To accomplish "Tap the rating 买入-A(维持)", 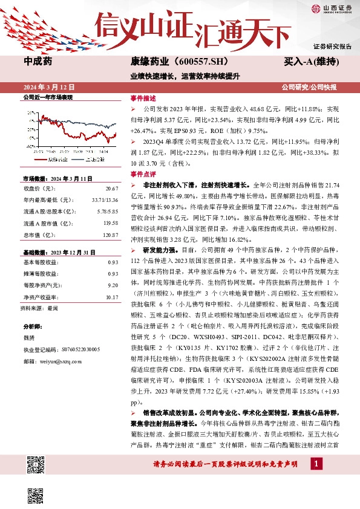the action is click(x=310, y=62).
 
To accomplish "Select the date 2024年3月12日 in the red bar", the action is click(x=46, y=87).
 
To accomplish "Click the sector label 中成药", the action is click(x=38, y=62).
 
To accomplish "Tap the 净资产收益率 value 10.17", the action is click(x=111, y=297).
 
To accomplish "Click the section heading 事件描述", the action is click(x=143, y=98).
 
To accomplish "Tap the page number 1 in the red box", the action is click(x=315, y=464).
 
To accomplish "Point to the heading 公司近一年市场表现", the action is click(x=47, y=97).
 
